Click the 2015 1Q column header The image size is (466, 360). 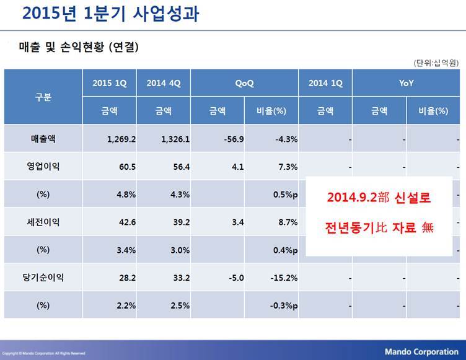click(110, 83)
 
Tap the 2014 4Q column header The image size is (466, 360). click(163, 83)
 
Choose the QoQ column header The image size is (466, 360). click(244, 83)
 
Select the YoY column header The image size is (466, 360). click(407, 83)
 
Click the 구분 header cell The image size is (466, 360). click(43, 97)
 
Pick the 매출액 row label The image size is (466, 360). click(43, 139)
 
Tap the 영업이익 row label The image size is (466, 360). click(43, 166)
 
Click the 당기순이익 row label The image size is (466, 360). click(43, 278)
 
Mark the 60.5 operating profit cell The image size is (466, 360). click(126, 167)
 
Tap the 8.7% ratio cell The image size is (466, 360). click(288, 222)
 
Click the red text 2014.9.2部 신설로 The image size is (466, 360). click(379, 199)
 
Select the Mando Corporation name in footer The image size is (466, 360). click(421, 352)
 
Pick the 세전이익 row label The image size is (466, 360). click(43, 222)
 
